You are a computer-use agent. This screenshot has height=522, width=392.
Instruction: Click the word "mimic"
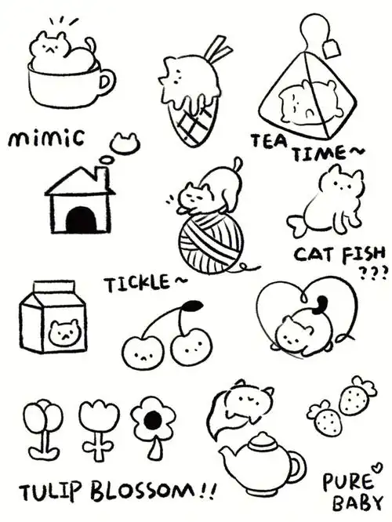click(45, 140)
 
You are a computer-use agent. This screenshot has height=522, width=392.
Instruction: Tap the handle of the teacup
click(105, 81)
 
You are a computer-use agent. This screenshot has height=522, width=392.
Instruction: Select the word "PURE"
click(345, 480)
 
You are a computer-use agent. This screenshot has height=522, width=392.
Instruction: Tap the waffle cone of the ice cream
click(191, 127)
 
